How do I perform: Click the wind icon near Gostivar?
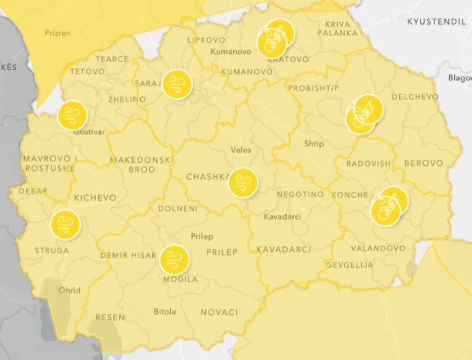point(73,115)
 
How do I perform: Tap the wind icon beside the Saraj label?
point(178,84)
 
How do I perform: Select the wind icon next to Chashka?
point(242,182)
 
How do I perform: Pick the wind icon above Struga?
point(64,223)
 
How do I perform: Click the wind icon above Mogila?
point(174,260)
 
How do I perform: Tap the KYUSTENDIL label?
point(436,22)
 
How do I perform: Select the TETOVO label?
point(88,72)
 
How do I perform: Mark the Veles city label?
point(241,150)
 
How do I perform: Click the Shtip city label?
point(314,144)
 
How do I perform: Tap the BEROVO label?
point(423,163)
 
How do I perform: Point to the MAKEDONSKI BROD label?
point(142,165)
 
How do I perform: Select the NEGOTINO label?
point(300,194)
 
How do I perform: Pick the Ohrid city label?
point(70,290)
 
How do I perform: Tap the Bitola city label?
point(165,311)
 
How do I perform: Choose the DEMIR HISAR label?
point(127,256)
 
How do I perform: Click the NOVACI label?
point(219,312)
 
